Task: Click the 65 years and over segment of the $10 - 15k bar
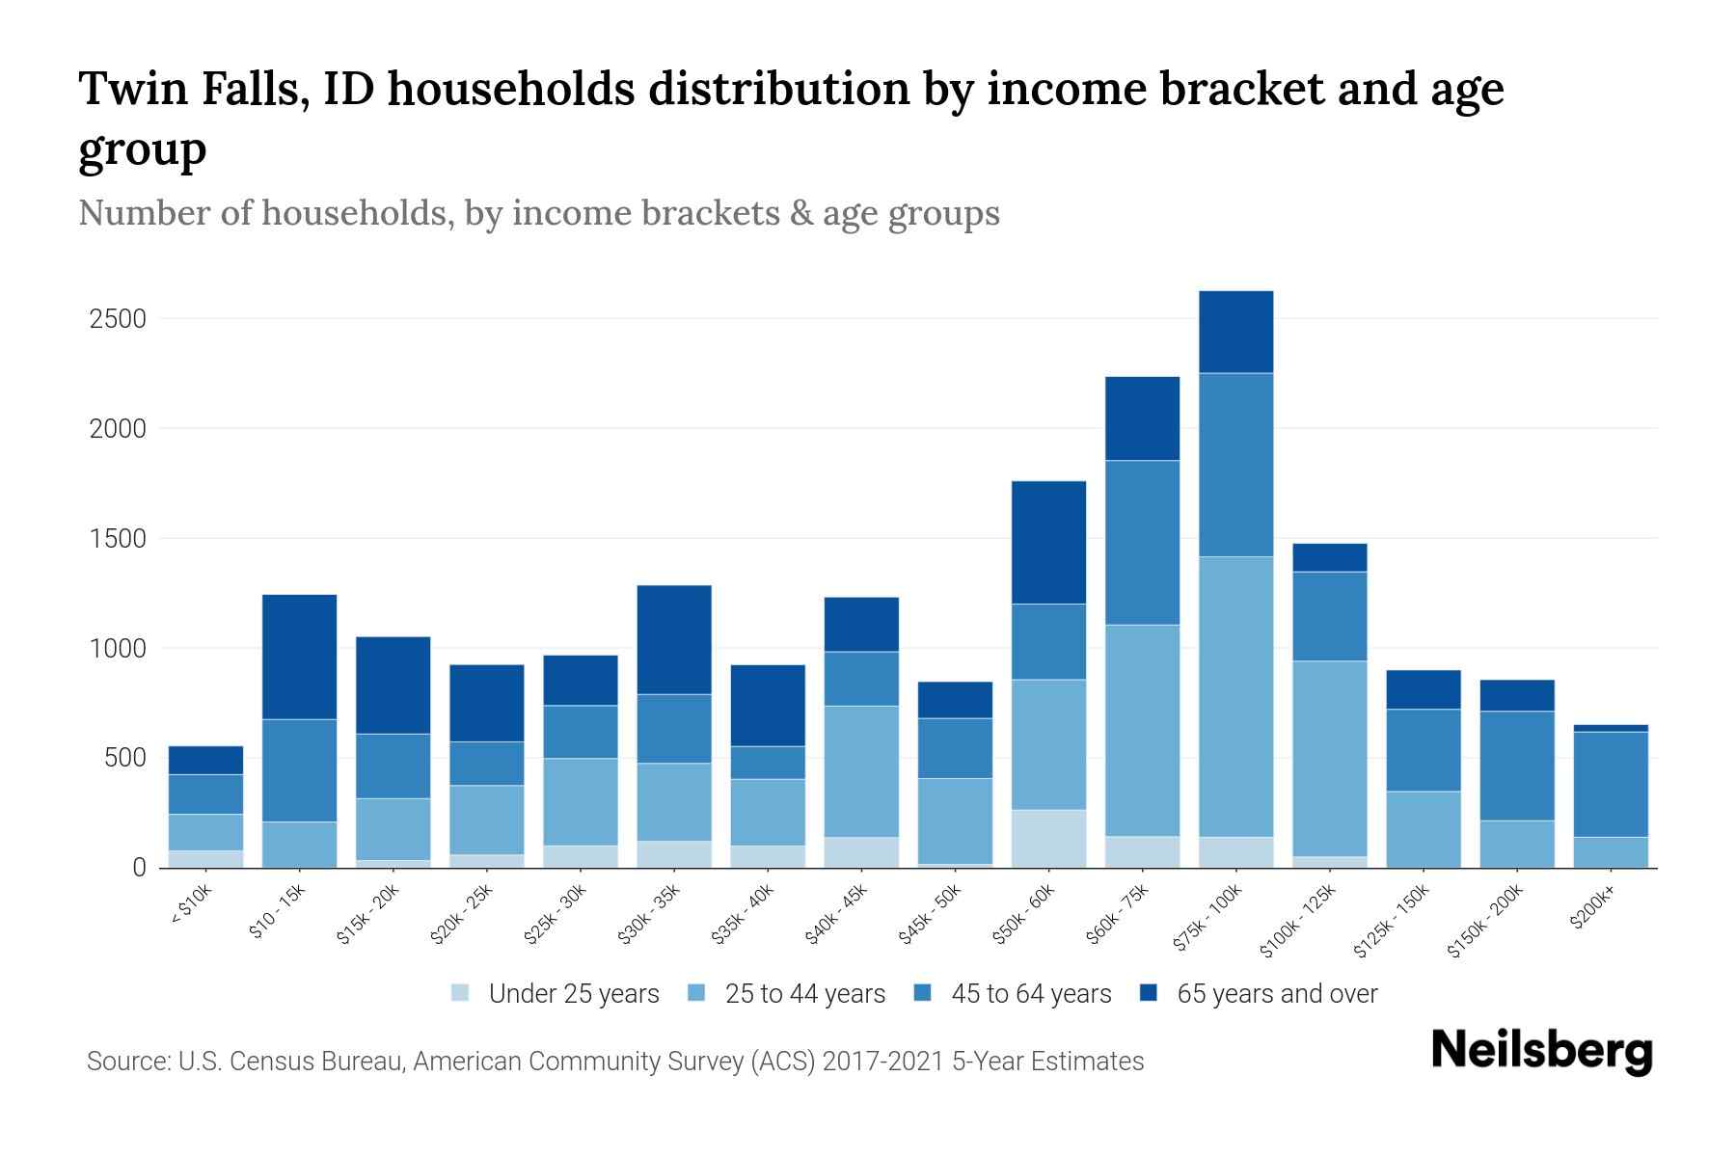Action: [299, 657]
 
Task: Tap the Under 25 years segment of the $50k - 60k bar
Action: [1048, 838]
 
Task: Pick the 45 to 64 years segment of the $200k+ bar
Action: [1611, 784]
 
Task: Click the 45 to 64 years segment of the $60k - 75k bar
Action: [1142, 543]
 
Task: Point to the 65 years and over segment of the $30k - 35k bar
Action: [674, 639]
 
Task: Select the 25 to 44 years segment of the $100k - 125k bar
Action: [1329, 758]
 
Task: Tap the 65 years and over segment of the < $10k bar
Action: [205, 760]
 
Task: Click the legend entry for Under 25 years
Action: [556, 994]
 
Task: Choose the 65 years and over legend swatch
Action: [1149, 993]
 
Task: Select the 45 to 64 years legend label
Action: [1031, 994]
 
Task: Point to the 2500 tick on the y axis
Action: [117, 319]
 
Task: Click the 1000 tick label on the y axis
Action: [117, 649]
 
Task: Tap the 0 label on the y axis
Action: [139, 868]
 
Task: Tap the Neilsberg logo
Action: [1541, 1051]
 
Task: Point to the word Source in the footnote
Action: [127, 1062]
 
